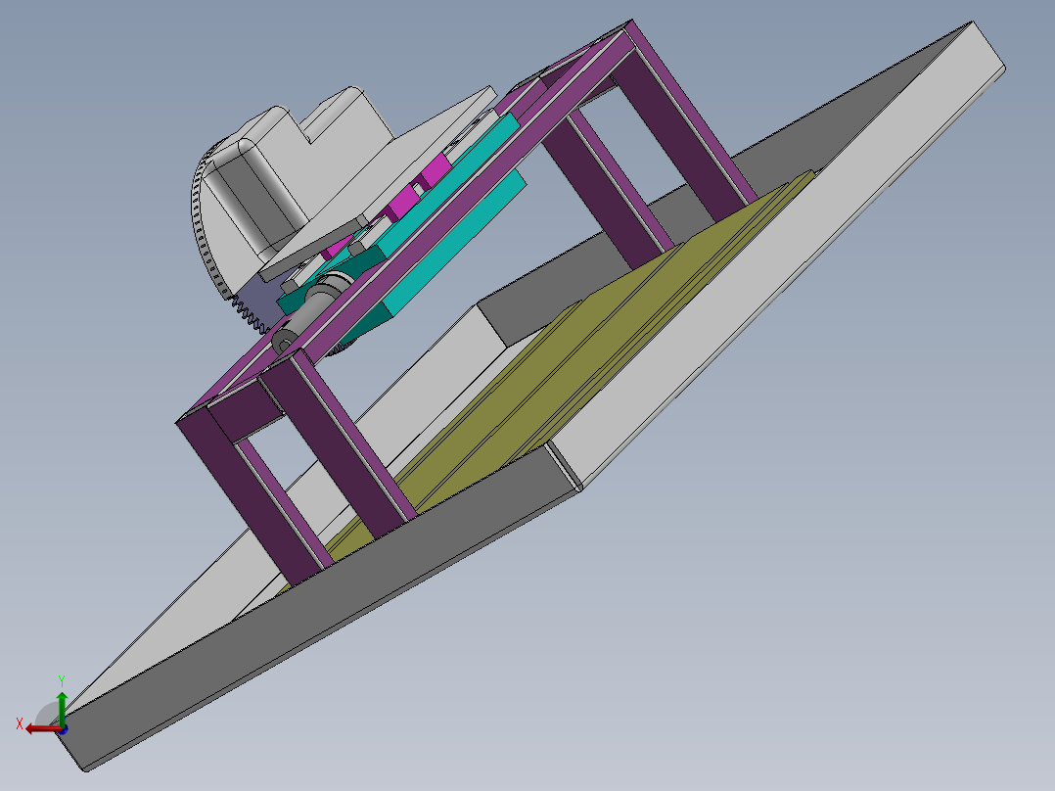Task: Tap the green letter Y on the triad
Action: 61,678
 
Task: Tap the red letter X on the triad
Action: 19,723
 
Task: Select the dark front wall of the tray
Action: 323,627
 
